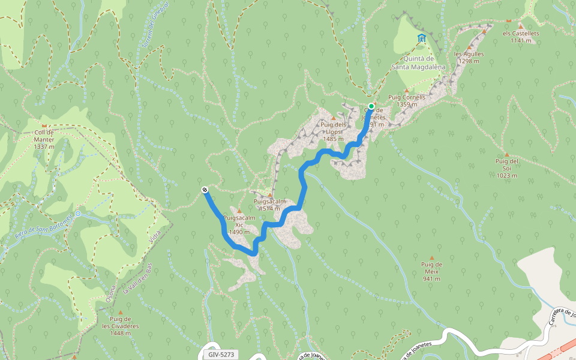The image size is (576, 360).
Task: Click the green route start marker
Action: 371,107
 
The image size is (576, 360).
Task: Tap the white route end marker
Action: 205,190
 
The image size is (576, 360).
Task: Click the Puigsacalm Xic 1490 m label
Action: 239,225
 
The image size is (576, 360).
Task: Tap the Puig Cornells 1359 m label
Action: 407,100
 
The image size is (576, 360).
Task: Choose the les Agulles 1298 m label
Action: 469,57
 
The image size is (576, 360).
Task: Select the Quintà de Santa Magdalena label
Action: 418,62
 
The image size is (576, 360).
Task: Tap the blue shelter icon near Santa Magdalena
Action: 421,39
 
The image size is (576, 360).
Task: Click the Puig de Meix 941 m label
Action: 431,271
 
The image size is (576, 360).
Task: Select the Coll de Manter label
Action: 44,139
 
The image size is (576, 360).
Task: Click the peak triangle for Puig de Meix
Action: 431,258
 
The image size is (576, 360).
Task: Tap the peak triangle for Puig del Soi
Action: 507,155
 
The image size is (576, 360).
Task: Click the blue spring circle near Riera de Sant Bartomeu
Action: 78,214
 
